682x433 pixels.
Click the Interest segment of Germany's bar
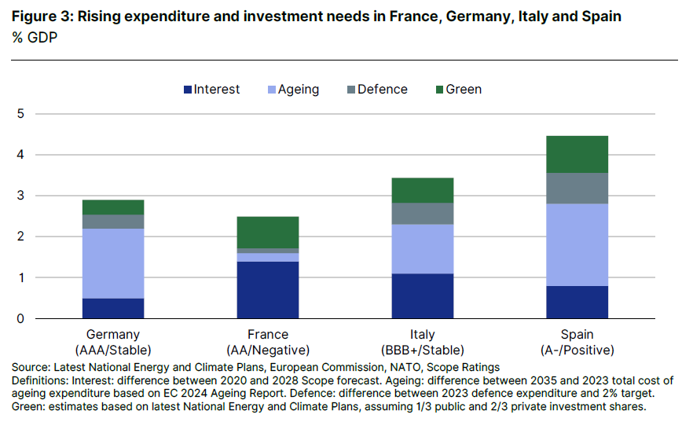point(113,308)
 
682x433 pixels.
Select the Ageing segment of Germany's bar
point(113,263)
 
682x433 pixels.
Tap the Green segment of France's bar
point(268,233)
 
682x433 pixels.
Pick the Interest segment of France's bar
point(268,290)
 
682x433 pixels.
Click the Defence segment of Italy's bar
point(423,214)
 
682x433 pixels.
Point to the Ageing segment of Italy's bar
point(423,249)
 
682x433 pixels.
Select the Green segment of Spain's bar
point(577,154)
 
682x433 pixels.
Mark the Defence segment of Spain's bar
point(577,189)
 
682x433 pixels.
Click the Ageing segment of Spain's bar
point(577,244)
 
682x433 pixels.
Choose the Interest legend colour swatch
point(187,90)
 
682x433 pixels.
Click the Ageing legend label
point(299,90)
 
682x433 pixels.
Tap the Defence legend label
point(382,90)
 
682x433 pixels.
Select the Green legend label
point(464,90)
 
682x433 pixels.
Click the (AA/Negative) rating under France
point(268,350)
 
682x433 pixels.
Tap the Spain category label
point(577,335)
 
